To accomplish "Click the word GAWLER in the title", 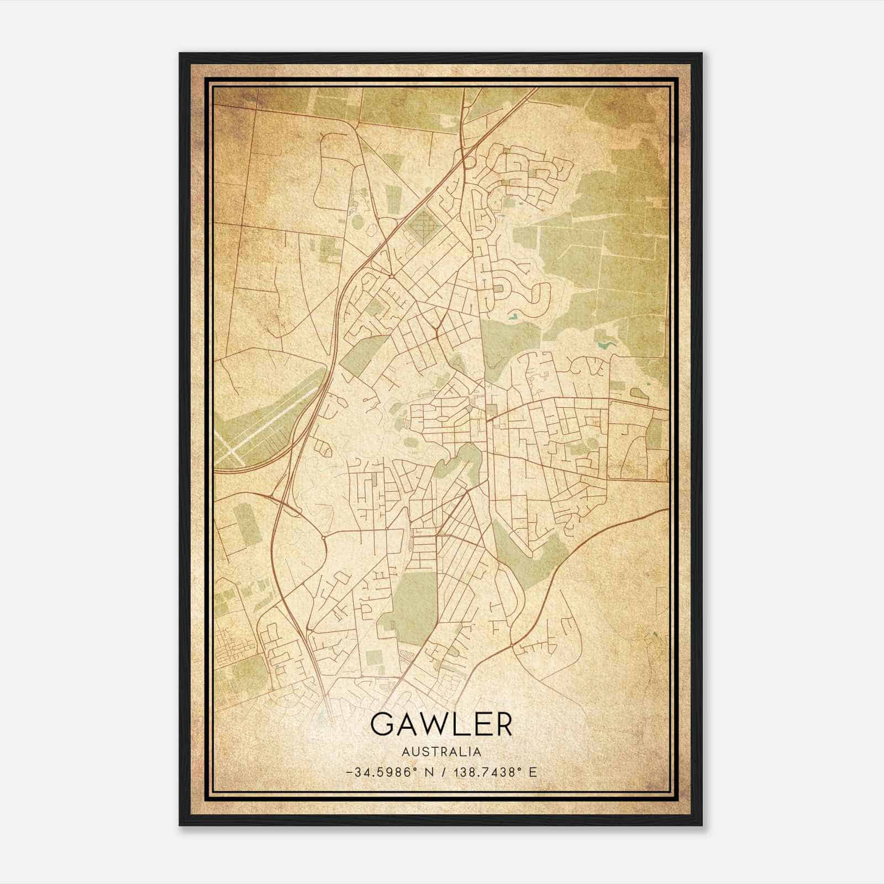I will (441, 724).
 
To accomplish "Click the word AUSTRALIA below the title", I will (441, 752).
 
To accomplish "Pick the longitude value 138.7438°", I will (487, 772).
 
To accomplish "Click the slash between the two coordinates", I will (441, 772).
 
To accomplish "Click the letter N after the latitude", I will (428, 772).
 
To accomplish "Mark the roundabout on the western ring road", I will (322, 536).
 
